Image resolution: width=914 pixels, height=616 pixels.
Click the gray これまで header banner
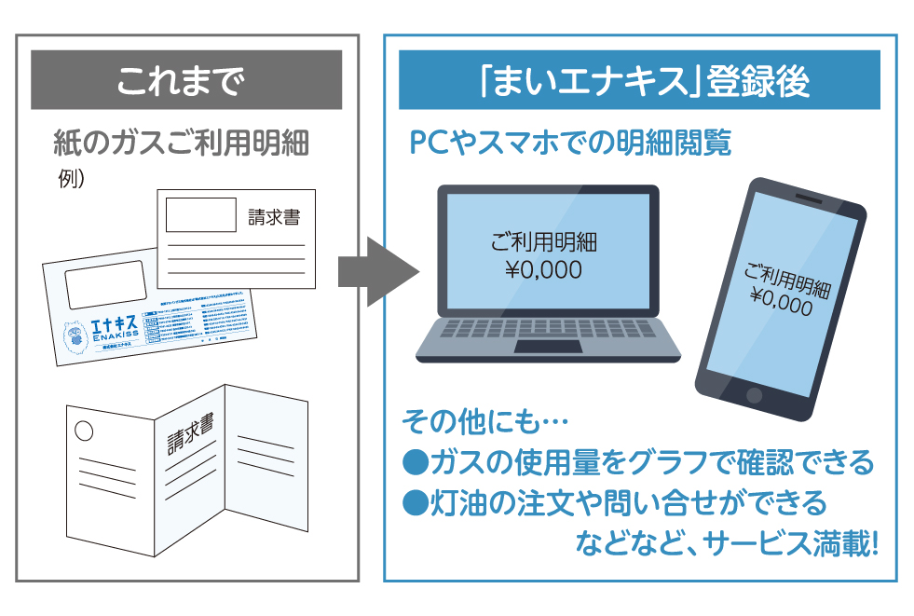(186, 80)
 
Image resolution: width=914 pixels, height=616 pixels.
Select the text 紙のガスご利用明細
(181, 144)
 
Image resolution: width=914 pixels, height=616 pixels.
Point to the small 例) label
(71, 179)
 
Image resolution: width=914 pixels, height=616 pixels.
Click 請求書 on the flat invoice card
(274, 219)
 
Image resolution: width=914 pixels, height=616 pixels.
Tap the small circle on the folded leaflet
(84, 431)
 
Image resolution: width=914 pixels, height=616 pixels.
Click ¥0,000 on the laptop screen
(544, 270)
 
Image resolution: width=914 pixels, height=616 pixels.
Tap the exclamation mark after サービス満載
(872, 544)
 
